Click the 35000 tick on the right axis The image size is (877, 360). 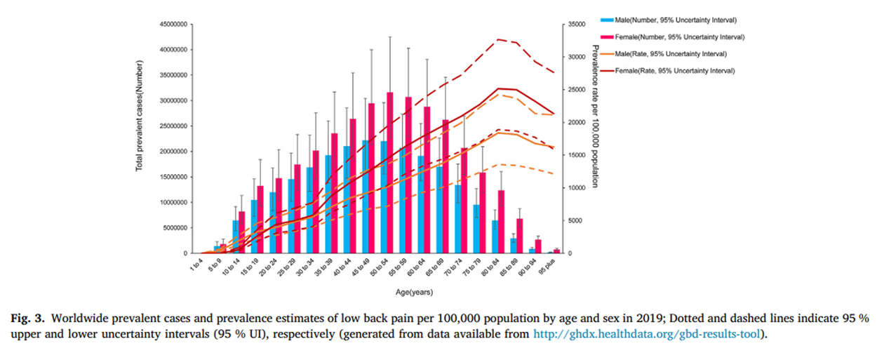coord(577,25)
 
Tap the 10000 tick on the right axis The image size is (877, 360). coord(577,188)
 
